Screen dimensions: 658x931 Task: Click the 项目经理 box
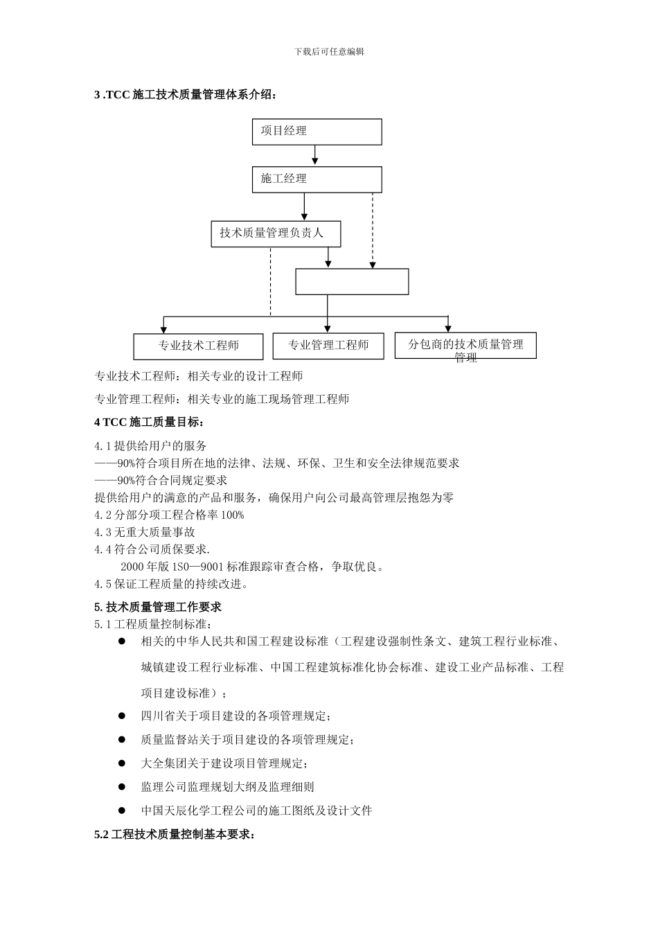tap(317, 132)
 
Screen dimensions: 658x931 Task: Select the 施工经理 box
tap(317, 179)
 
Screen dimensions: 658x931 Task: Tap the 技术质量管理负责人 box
tap(276, 233)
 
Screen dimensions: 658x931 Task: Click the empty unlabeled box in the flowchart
tap(352, 282)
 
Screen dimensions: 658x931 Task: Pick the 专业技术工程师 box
tap(198, 346)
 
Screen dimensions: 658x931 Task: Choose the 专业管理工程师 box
tap(328, 346)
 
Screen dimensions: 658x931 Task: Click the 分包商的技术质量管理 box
tap(465, 345)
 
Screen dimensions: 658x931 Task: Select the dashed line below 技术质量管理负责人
tap(271, 281)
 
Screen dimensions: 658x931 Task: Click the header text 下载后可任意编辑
tap(329, 52)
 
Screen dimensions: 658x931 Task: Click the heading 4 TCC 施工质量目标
tap(150, 422)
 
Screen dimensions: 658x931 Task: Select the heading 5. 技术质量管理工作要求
tap(158, 607)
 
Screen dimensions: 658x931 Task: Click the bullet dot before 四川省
tap(122, 716)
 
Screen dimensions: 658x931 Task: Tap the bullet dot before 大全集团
tap(122, 763)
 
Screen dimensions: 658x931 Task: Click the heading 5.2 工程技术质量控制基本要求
tap(175, 835)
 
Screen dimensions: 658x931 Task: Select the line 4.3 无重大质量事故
tap(145, 532)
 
